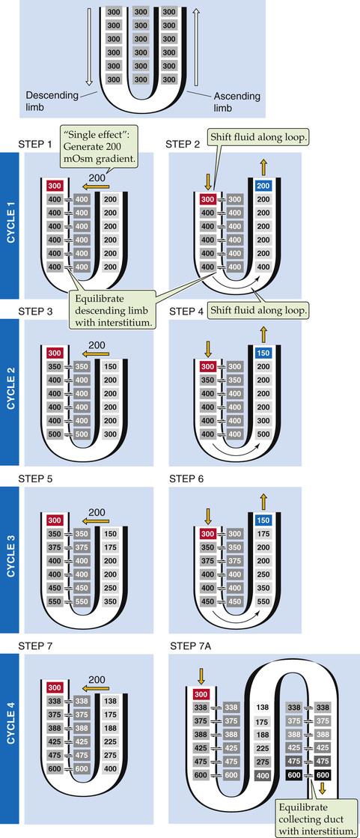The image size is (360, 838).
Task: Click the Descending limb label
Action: coord(52,100)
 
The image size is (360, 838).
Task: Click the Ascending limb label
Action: coord(237,102)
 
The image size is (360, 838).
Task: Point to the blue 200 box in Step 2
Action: coord(263,186)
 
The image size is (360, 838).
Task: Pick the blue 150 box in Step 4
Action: coord(263,353)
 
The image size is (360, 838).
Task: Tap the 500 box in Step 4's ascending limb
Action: coord(263,434)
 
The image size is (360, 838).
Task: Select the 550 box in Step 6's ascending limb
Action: coord(263,601)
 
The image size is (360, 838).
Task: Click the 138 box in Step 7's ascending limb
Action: coord(110,701)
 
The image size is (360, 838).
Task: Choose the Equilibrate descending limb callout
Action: coord(112,309)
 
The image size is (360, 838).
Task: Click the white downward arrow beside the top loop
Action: coord(89,48)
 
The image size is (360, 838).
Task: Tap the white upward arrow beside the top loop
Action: coord(197,48)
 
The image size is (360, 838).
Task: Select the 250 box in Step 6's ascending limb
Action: coord(263,574)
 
